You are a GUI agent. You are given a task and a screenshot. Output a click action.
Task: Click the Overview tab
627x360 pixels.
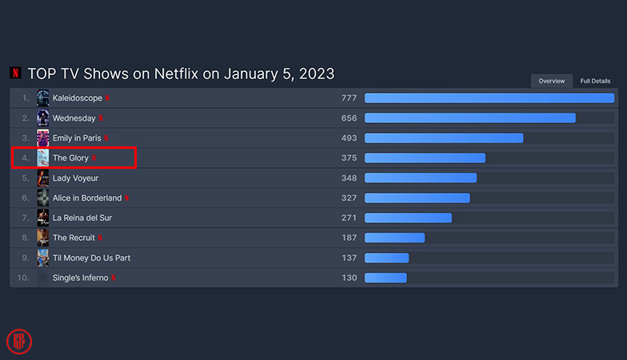552,81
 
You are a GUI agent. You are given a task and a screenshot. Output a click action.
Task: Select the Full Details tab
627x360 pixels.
595,81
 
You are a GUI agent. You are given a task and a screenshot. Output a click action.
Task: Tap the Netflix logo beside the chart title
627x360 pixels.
16,74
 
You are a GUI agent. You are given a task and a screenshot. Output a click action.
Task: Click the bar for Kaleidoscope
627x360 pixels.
489,98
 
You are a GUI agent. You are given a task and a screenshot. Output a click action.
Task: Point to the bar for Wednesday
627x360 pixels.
469,118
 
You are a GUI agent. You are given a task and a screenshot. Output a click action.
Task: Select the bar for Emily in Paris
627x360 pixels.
444,138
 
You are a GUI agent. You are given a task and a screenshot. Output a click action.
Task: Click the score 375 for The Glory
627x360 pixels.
349,158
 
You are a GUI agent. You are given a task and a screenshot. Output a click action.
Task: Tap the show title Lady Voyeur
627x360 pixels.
75,178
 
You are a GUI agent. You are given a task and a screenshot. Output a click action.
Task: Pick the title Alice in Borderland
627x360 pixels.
87,198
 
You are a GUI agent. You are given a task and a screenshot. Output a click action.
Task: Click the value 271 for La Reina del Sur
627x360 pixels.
349,218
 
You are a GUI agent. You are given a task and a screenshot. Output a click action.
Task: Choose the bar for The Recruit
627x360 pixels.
394,238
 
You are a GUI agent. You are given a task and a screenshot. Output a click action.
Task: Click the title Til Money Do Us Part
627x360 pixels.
91,258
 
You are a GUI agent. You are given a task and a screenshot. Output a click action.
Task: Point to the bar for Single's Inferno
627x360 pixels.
385,278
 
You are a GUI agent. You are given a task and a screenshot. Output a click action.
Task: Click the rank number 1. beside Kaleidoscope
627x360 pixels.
26,98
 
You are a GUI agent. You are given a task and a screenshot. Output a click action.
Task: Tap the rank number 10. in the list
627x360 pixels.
24,278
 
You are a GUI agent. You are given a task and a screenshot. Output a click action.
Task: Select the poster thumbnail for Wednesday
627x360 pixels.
42,118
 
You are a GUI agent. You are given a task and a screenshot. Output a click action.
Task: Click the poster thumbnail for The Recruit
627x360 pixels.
42,238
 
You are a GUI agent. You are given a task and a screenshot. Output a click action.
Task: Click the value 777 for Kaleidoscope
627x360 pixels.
349,98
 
